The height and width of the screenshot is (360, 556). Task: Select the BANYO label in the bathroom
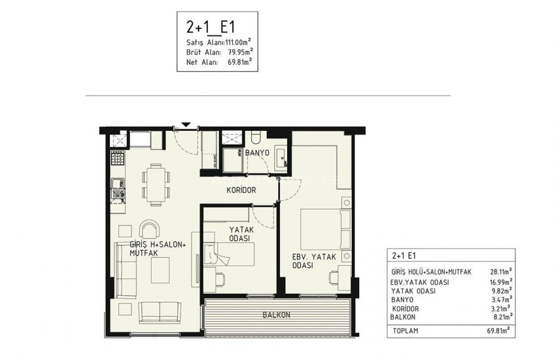[258, 153]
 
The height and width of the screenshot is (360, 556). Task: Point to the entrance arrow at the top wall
[186, 124]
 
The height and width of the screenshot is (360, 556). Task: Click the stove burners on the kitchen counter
[117, 158]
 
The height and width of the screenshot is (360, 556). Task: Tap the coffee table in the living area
[158, 268]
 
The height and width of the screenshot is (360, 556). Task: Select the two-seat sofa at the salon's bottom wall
[158, 312]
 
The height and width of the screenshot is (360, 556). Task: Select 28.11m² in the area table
[501, 270]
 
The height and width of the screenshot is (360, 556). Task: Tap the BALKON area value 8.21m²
[502, 316]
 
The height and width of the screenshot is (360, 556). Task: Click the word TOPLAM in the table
[406, 332]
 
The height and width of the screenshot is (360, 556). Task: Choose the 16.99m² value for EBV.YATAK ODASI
[501, 280]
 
